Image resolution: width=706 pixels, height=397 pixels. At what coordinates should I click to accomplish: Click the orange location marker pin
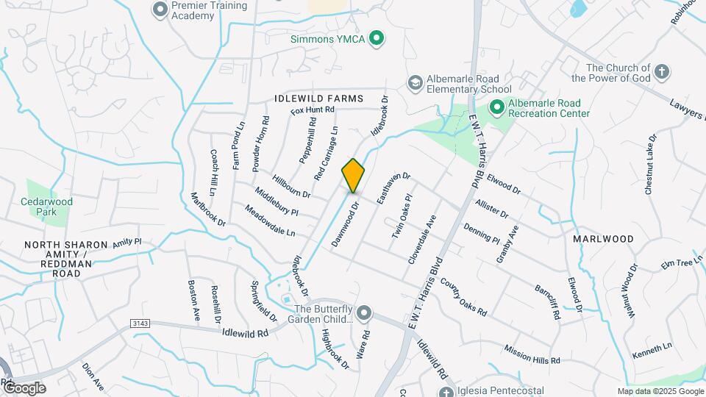(353, 175)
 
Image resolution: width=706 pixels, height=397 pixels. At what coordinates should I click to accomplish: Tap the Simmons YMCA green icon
(377, 38)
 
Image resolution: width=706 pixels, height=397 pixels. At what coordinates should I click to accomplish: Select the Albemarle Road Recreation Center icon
(497, 108)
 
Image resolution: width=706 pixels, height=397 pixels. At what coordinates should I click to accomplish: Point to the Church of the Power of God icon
(662, 72)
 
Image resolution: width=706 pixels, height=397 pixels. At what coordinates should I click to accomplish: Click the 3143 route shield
(140, 323)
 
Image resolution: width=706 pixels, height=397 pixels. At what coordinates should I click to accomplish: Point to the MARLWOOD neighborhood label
(603, 239)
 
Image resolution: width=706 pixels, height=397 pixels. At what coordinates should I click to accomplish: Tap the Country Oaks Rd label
(463, 297)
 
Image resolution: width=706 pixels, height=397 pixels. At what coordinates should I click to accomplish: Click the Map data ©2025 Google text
(660, 391)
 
